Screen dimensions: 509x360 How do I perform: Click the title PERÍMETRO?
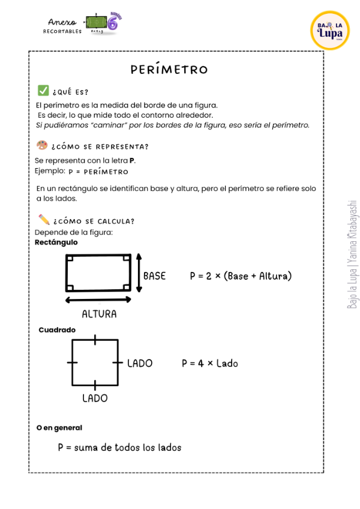point(169,70)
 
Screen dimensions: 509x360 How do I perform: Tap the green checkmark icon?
point(43,91)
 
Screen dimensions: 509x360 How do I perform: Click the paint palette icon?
point(42,145)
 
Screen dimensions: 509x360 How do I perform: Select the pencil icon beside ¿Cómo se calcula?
point(44,219)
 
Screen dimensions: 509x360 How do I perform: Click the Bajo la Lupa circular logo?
point(329,30)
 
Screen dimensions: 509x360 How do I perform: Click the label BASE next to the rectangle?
point(154,276)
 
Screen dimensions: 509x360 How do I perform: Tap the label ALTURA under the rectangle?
point(99,314)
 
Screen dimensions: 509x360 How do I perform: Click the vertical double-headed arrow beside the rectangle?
point(139,273)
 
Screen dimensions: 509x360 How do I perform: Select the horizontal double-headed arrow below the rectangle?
point(98,300)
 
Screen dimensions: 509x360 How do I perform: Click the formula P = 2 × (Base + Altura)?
point(241,276)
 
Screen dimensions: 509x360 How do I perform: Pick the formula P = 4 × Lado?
point(209,363)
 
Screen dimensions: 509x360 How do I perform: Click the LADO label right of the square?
point(139,363)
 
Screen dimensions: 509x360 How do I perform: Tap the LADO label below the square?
point(95,398)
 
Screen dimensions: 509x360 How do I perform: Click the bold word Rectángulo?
point(56,242)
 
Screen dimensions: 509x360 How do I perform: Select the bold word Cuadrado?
point(57,330)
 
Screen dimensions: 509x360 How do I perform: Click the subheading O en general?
point(59,428)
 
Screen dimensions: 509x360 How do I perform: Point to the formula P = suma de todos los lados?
point(119,447)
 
